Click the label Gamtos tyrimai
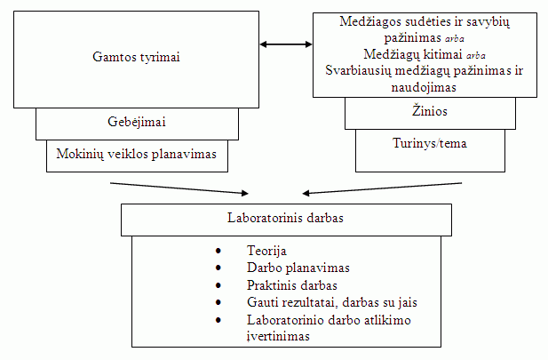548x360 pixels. tap(137, 57)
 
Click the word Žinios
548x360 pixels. tap(430, 111)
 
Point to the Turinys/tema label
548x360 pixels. tap(430, 142)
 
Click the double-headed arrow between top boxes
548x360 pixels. tap(285, 43)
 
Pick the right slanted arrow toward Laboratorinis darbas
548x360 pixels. tap(382, 188)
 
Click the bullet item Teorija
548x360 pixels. tap(267, 252)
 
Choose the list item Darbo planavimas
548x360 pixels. tap(298, 268)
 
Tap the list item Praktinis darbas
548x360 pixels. tap(292, 285)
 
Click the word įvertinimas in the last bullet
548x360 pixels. tap(278, 336)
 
